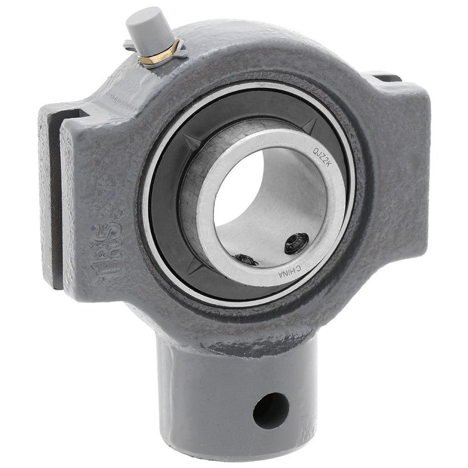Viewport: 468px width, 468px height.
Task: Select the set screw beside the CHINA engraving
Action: click(297, 243)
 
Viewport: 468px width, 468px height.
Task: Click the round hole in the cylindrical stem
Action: click(270, 410)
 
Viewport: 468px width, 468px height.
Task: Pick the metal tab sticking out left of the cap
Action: click(129, 46)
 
